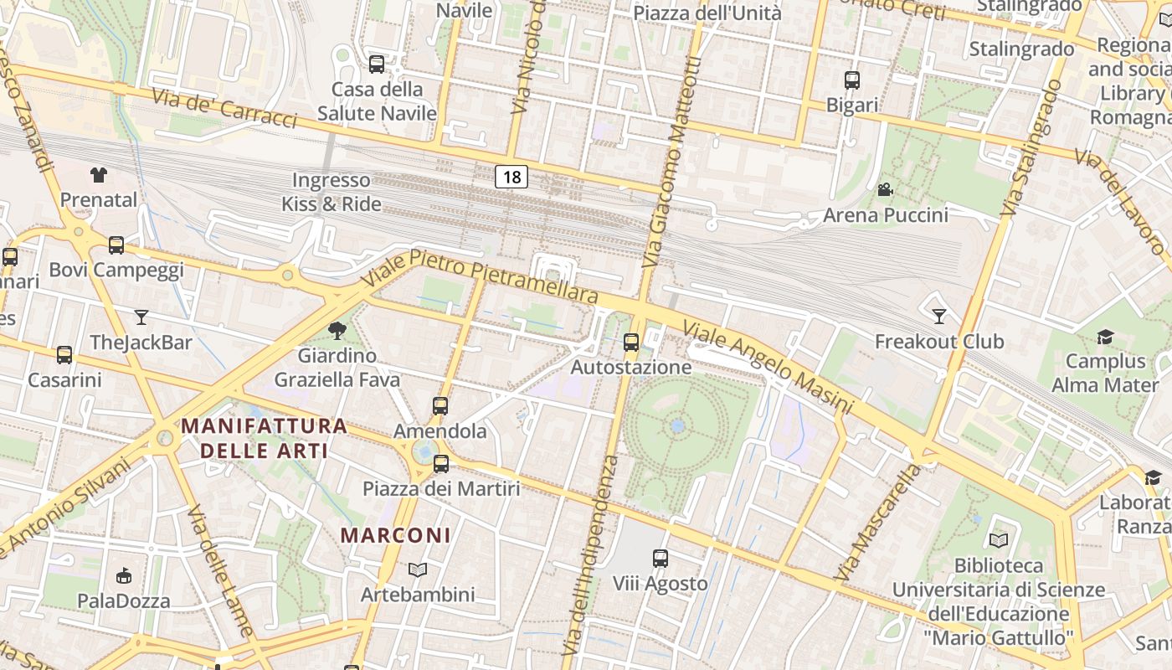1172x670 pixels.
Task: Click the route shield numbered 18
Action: [x=511, y=177]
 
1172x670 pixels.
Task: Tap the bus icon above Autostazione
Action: [x=631, y=343]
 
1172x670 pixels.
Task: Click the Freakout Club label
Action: [x=938, y=342]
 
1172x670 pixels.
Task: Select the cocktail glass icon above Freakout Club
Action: [x=939, y=316]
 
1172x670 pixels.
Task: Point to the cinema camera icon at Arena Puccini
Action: [x=885, y=190]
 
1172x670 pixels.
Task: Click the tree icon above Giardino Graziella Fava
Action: [x=337, y=330]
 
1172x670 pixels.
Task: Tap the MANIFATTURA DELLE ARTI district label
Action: [x=264, y=438]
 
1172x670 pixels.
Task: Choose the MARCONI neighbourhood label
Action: [x=396, y=535]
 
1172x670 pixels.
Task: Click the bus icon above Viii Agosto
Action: [x=661, y=558]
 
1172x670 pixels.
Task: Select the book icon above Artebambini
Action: [x=418, y=569]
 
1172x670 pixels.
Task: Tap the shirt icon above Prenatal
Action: [x=99, y=175]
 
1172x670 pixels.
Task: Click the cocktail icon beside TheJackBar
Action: [x=141, y=317]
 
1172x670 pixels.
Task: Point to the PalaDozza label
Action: [x=123, y=600]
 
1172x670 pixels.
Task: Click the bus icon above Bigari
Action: [x=852, y=80]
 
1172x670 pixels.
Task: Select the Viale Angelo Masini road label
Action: [x=767, y=366]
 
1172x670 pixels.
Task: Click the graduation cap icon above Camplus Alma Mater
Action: [x=1105, y=337]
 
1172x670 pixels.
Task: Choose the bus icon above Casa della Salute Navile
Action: [x=377, y=64]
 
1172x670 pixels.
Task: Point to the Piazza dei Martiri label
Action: [x=441, y=488]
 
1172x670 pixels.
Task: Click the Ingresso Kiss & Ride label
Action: [x=332, y=192]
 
